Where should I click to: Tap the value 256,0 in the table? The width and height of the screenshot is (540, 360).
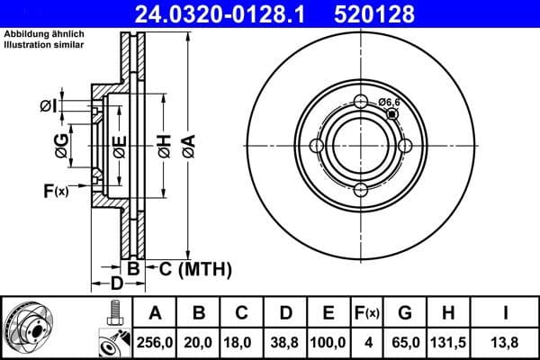point(155,342)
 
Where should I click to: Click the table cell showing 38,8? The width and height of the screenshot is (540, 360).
point(284,342)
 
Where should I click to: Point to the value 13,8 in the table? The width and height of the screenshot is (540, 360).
point(507,342)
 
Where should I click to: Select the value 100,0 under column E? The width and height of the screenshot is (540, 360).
point(328,342)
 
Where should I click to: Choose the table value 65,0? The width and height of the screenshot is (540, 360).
point(405,342)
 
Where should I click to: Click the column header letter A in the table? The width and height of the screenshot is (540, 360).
point(155,313)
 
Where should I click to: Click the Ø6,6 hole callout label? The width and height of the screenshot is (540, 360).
point(390,103)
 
